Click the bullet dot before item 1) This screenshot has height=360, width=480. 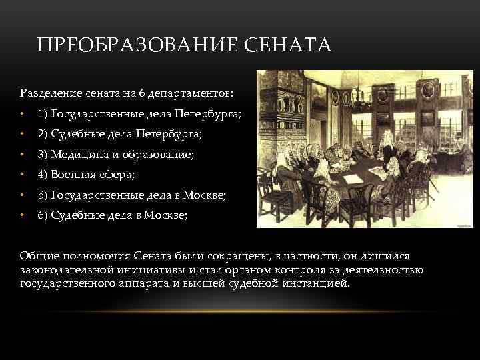23,114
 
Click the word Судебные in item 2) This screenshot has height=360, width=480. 73,134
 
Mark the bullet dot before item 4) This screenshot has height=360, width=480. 23,175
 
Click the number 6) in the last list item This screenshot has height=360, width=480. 43,215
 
